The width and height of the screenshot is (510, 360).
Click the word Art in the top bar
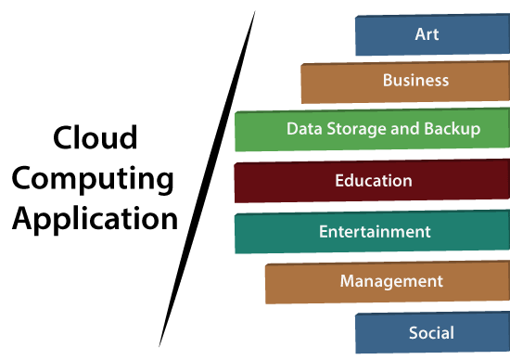427,34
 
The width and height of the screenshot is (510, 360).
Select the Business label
415,80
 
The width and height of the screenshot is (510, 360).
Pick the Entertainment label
375,231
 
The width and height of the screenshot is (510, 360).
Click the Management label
391,280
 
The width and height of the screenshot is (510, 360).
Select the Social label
431,331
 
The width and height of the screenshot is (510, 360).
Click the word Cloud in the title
95,139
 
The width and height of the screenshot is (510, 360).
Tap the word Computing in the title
95,179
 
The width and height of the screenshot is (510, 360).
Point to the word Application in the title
95,220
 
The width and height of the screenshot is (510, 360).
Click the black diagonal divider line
206,181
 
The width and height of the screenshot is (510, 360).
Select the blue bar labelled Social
380,332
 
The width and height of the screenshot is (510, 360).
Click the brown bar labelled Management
297,283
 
